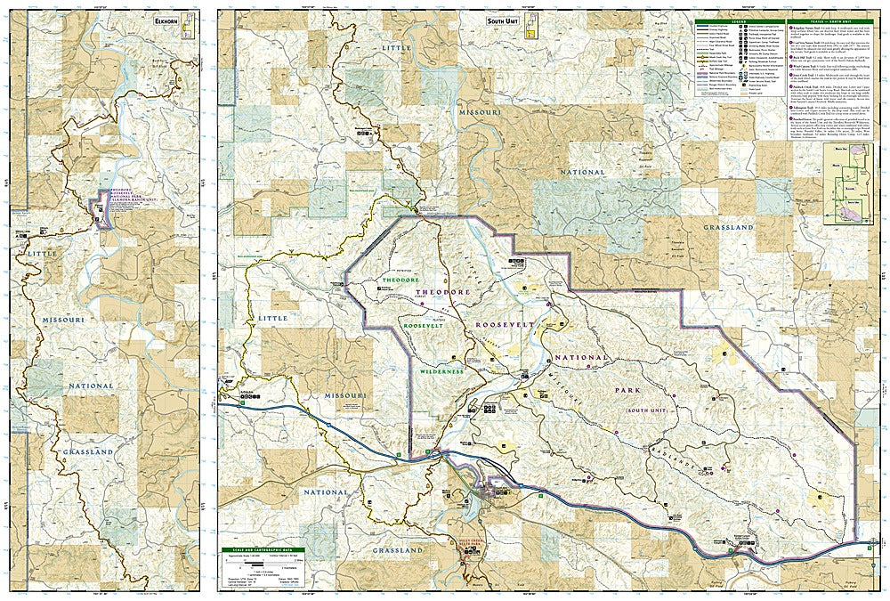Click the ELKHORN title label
tap(165, 20)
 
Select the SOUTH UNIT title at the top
tap(504, 19)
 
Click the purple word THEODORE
tap(439, 292)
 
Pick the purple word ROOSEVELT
tap(506, 325)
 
